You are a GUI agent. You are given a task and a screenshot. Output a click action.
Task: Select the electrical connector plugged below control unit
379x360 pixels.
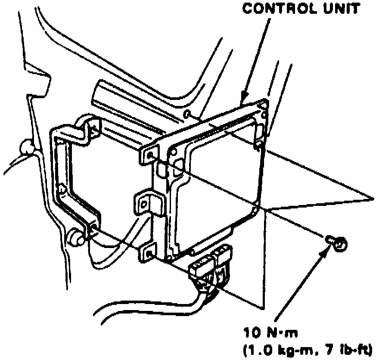click(211, 266)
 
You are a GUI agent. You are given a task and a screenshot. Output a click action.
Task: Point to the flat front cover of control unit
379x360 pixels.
click(215, 185)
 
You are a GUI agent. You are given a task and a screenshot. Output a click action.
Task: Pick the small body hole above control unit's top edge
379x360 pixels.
click(186, 114)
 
